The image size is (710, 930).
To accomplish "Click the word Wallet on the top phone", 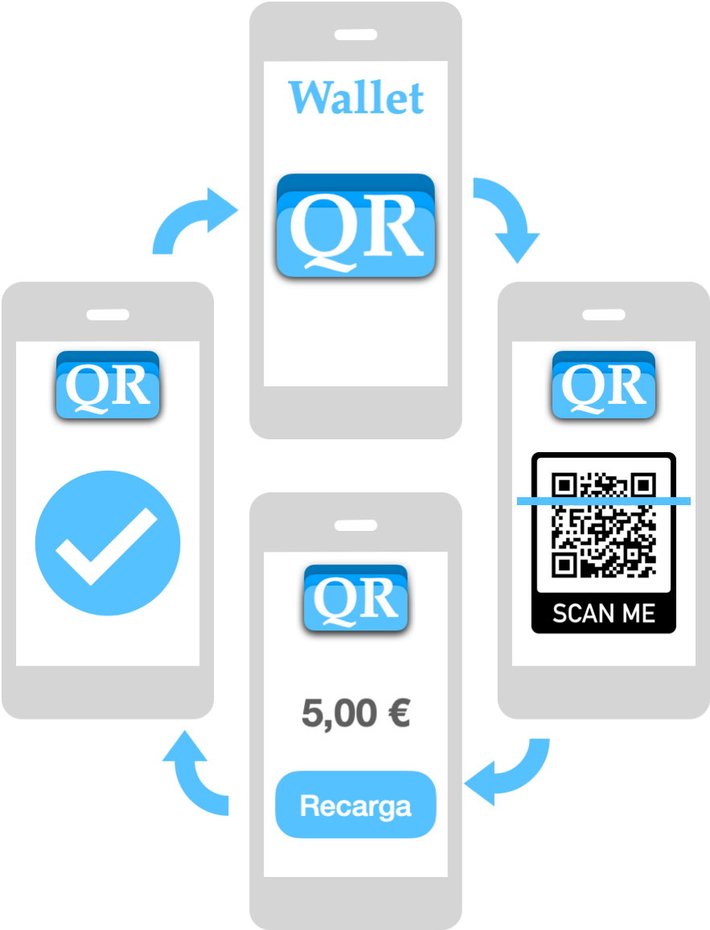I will click(355, 98).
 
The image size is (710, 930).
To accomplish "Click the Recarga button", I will click(355, 805).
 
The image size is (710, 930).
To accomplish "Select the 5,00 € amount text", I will click(355, 713).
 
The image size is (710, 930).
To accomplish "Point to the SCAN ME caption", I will click(603, 614).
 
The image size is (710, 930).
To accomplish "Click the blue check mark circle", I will click(108, 543).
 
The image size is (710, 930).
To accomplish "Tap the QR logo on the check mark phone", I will click(108, 385).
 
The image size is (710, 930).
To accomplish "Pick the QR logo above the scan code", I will click(603, 385).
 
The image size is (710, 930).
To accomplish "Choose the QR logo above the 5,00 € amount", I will click(355, 598).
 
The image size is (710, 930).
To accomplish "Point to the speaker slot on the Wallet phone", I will click(355, 35).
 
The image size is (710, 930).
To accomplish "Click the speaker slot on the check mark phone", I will click(108, 315).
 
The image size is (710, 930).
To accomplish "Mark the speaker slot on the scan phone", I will click(603, 315).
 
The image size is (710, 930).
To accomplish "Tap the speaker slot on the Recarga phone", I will click(355, 526).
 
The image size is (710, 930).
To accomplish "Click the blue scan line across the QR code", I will click(603, 501).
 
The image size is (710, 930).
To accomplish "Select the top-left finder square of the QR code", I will click(564, 484).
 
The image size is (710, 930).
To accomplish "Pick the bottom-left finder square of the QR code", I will click(564, 565).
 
